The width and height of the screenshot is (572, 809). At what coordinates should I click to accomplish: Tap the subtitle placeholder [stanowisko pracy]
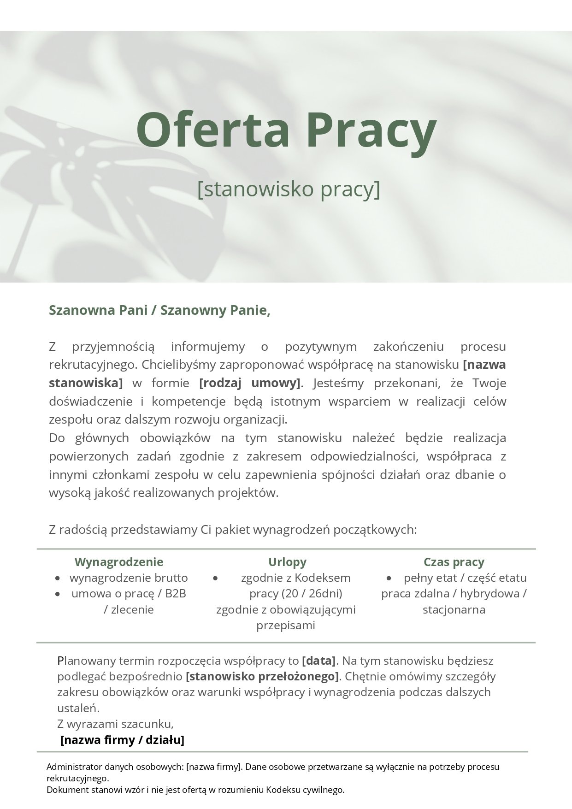coord(289,189)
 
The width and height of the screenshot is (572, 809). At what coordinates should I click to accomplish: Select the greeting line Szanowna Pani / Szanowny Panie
coord(159,310)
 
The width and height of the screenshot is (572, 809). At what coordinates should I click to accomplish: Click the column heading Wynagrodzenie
coord(119,562)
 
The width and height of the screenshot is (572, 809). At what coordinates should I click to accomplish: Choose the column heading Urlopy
coord(287,562)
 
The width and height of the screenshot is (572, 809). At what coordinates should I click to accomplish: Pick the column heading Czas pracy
coord(454,562)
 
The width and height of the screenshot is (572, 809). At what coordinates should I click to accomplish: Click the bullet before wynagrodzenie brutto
coord(58,578)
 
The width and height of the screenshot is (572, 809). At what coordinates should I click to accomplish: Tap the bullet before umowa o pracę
coord(58,594)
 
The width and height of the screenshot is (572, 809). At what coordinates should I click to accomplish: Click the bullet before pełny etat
coord(389,578)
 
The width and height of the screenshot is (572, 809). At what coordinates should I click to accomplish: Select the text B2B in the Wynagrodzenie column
coord(175,594)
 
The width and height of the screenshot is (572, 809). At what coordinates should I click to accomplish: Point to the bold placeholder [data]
coord(319,661)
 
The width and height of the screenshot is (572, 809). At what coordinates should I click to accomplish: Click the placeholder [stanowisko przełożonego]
coord(262,677)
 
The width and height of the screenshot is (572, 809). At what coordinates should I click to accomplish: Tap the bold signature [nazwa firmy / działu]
coord(122,740)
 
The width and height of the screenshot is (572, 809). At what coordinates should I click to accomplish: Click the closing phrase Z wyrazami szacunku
coord(115,724)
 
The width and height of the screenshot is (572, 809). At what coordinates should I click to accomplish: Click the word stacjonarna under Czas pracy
coord(454,610)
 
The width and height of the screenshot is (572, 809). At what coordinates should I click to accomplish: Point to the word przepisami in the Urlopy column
coord(286,626)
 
